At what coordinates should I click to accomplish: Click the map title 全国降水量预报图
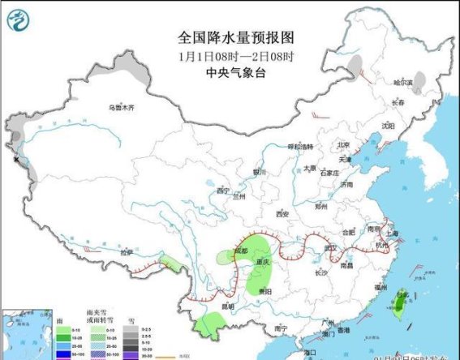(x=235, y=37)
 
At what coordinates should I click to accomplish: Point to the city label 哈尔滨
(x=403, y=83)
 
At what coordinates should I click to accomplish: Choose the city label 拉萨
(x=127, y=252)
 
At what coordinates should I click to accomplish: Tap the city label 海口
(x=309, y=352)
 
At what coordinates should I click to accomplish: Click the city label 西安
(x=282, y=214)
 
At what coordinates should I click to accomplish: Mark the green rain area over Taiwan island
(x=399, y=304)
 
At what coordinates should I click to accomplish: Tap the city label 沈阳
(x=388, y=126)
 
